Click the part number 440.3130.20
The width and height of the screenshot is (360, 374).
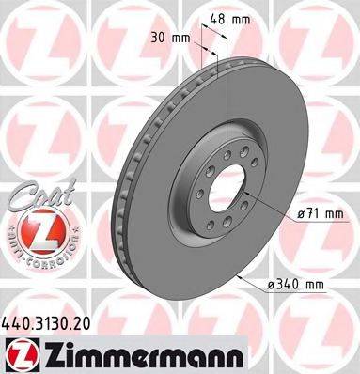[x=48, y=321]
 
